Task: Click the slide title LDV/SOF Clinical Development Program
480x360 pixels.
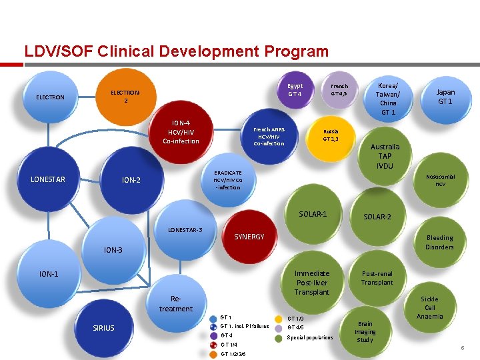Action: point(176,51)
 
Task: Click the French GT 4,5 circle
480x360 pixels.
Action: point(339,89)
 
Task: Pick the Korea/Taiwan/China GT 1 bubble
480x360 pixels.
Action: point(388,99)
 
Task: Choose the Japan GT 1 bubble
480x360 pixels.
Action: point(445,97)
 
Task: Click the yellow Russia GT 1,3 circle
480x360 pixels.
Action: point(331,135)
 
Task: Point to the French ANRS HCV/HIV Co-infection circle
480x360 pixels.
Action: point(269,135)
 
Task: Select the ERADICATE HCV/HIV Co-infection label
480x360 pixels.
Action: point(228,180)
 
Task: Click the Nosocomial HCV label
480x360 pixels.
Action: point(441,180)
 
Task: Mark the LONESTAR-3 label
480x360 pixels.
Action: point(185,230)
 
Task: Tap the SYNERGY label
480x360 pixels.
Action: point(249,237)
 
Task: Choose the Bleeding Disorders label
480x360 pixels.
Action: point(439,242)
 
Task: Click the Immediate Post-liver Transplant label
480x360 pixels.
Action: point(312,282)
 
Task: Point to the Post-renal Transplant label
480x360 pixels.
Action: point(377,278)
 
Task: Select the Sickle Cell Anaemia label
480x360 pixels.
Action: point(430,307)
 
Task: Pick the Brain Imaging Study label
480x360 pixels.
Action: point(365,331)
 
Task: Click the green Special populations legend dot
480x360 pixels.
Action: point(279,337)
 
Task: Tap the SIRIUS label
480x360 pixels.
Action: point(103,328)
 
